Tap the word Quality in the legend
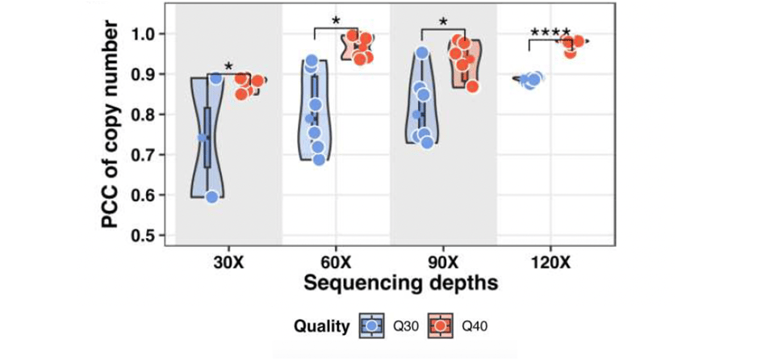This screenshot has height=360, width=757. [321, 327]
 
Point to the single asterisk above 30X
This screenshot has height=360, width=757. [228, 67]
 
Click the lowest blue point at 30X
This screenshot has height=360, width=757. [212, 197]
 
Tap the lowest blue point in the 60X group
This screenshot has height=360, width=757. [319, 159]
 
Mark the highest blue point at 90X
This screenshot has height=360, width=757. [421, 54]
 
